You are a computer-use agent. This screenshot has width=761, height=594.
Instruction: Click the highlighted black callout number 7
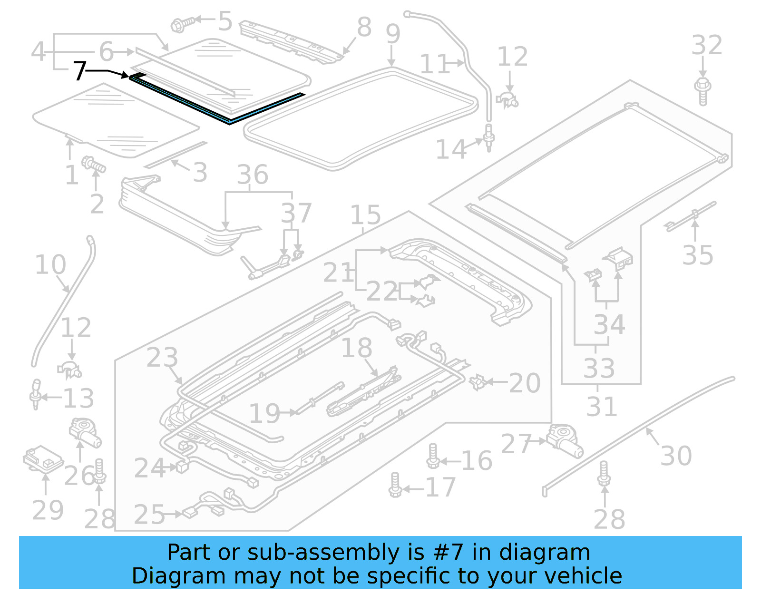point(79,71)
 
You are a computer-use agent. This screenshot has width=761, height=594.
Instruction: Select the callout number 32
point(706,46)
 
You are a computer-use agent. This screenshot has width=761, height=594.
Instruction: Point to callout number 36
point(253,175)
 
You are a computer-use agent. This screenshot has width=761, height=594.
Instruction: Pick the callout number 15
point(365,215)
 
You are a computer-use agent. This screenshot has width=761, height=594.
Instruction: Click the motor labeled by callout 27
point(565,440)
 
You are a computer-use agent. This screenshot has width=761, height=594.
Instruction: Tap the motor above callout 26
point(84,432)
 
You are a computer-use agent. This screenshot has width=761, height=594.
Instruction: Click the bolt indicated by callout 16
point(433,457)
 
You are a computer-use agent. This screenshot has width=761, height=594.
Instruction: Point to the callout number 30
point(676,456)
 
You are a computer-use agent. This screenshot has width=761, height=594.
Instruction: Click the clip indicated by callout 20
point(477,382)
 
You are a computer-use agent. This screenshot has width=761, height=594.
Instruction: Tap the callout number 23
point(162,358)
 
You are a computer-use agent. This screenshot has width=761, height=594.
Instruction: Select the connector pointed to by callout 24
point(183,467)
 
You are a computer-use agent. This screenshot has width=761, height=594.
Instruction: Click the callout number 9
point(393,34)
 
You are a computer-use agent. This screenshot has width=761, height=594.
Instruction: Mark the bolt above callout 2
point(93,165)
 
